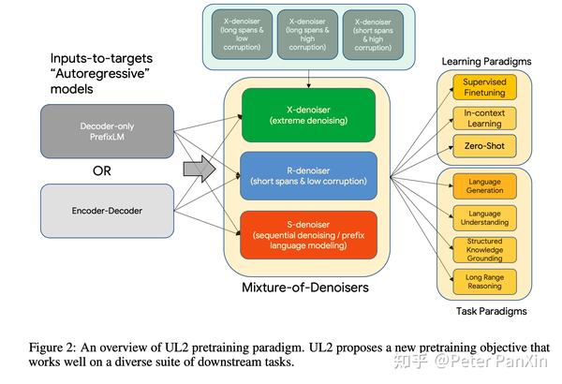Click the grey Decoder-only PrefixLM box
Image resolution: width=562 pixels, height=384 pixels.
coord(107,131)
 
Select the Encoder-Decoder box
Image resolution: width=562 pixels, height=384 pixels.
coord(107,211)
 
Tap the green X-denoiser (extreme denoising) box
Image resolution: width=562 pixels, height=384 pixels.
coord(308,115)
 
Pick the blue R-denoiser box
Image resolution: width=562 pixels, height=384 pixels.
coord(308,176)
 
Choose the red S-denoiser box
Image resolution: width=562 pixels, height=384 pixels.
coord(308,235)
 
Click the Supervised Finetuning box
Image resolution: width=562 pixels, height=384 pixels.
coord(484,87)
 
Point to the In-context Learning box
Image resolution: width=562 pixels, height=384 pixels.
coord(484,118)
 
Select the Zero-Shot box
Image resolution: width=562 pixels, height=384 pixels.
coord(484,146)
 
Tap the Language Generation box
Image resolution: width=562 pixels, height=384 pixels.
coord(484,186)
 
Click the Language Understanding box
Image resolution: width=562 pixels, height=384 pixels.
coord(484,218)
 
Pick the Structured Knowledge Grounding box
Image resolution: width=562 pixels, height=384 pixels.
coord(484,250)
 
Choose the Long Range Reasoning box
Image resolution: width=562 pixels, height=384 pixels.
coord(484,282)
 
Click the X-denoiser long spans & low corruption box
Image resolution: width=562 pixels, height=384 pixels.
coord(242,35)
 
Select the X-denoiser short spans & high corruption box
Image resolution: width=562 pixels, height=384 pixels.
coord(373,35)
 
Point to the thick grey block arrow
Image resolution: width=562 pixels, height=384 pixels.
coord(200,169)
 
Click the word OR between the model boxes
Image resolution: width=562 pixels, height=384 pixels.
coord(102,171)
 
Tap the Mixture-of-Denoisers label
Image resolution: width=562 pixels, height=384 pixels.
coord(305,288)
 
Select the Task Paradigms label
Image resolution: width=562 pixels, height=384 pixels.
coord(492,311)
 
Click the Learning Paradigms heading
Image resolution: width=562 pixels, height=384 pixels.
coord(486,61)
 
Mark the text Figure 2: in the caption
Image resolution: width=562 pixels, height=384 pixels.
coord(52,347)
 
